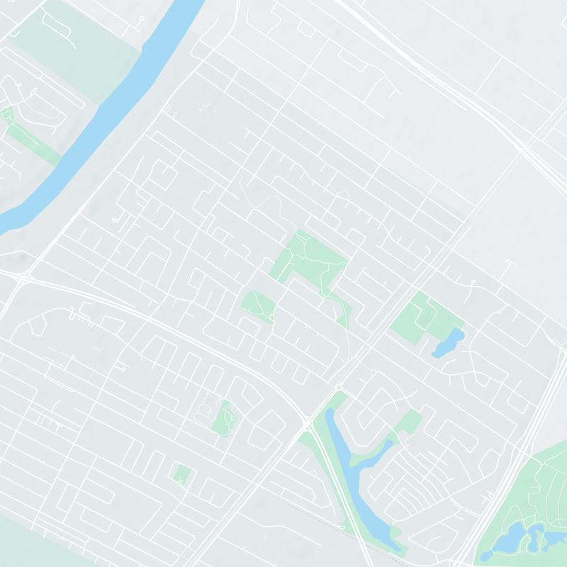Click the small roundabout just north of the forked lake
click(x=339, y=387)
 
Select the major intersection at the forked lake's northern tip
click(x=308, y=423)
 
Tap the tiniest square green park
click(x=183, y=473)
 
